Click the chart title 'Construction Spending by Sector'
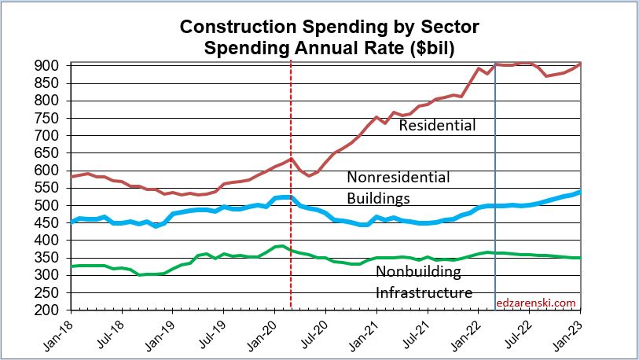click(x=329, y=28)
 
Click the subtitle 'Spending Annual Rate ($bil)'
click(x=330, y=47)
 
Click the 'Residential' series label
click(x=438, y=125)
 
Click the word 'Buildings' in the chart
click(x=383, y=197)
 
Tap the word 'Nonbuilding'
click(x=420, y=273)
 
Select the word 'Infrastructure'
click(x=424, y=293)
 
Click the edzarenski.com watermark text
click(x=537, y=302)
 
